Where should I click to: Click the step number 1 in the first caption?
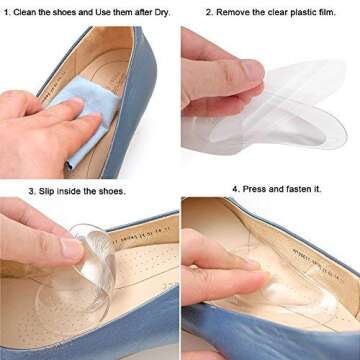click(x=7, y=13)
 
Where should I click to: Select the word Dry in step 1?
click(x=163, y=13)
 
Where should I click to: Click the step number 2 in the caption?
click(x=208, y=13)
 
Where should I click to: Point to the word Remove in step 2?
click(x=234, y=13)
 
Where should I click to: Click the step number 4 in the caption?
click(x=235, y=189)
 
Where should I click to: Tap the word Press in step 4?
click(x=255, y=189)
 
